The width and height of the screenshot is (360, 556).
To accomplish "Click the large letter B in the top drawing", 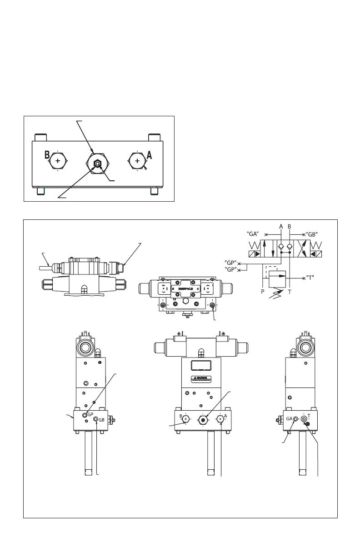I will [x=47, y=154].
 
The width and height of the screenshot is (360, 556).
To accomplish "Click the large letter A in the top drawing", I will [x=149, y=154].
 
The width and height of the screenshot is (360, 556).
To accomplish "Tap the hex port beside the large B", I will [x=58, y=161].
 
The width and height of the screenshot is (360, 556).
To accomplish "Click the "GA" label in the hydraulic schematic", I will [x=253, y=234].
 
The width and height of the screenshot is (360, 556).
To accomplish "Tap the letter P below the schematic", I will [x=263, y=293].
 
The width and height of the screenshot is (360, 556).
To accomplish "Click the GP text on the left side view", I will [x=90, y=414].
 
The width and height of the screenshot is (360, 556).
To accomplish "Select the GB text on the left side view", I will [x=102, y=420].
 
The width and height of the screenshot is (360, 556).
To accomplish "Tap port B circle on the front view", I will [x=185, y=418].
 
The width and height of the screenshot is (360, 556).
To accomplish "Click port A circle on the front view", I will [x=220, y=418].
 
